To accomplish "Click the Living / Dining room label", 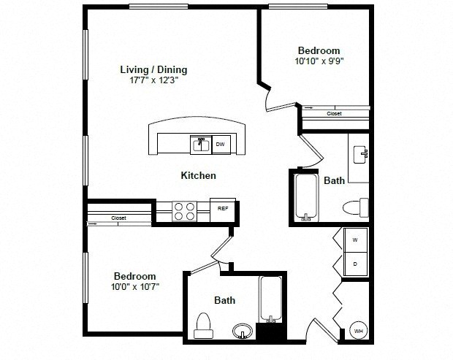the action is pos(153,69).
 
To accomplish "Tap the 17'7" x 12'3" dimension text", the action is pos(153,80).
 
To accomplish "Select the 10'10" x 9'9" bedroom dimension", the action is pos(319,61).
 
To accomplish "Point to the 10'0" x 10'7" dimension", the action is pos(135,287).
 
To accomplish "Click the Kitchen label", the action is pos(199,175).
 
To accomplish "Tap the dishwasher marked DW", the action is pos(221,144).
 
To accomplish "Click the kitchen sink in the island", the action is pos(201,145).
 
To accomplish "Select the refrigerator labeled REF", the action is pos(223,210).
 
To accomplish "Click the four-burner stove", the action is pos(184,211).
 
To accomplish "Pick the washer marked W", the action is pos(355,240).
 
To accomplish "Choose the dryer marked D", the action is pos(355,264).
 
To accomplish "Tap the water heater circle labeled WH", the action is pos(359,331).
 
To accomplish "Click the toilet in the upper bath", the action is pos(356,207).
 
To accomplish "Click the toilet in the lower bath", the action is pos(203,326).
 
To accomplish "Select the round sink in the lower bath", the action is pos(243,331).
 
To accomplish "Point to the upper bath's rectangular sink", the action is pos(361,155).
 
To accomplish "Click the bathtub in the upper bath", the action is pos(306,197).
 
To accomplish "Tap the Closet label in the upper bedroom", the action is pos(334,114).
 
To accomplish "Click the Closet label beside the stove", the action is pos(119,218).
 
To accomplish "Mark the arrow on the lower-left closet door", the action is pos(93,223).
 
